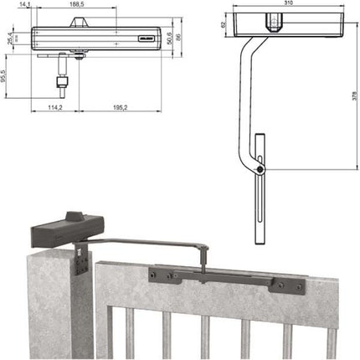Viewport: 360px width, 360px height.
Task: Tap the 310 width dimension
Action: coord(289,5)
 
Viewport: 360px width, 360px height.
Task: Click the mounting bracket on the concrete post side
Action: coord(78,259)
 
